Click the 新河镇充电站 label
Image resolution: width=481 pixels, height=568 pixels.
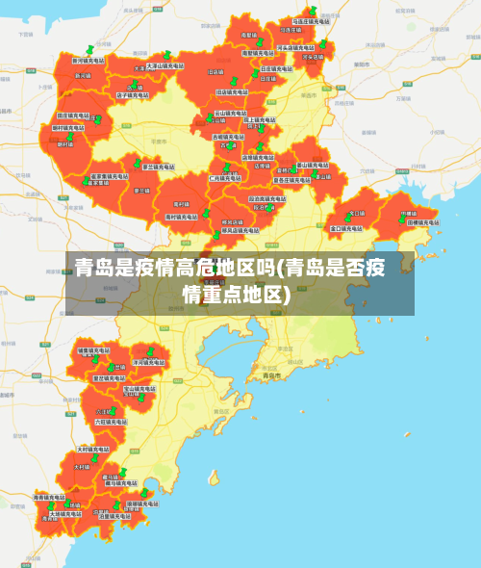pyautogui.click(x=88, y=61)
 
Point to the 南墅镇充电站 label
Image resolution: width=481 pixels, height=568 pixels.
pyautogui.click(x=257, y=53)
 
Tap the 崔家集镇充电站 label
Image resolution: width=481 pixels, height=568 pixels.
pyautogui.click(x=107, y=176)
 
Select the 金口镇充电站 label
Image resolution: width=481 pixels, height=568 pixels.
pyautogui.click(x=346, y=229)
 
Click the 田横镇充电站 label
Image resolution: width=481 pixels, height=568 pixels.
pyautogui.click(x=424, y=221)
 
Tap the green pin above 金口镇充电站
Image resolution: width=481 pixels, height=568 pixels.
pyautogui.click(x=347, y=218)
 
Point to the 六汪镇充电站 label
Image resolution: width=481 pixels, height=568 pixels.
pyautogui.click(x=110, y=422)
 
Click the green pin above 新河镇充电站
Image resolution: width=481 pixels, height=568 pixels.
pyautogui.click(x=89, y=49)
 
